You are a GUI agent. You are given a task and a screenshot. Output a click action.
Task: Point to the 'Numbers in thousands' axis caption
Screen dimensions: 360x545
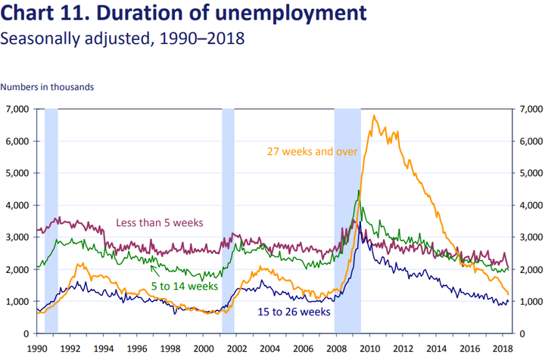[48, 87]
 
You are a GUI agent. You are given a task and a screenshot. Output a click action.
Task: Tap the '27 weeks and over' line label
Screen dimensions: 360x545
[313, 151]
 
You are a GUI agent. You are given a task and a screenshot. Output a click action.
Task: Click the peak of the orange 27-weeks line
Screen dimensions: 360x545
[374, 116]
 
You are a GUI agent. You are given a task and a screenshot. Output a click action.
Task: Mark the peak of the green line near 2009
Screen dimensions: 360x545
[359, 191]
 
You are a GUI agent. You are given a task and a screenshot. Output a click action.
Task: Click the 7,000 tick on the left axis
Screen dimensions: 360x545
[17, 110]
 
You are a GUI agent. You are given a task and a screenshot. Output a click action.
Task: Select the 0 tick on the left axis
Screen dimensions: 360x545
[25, 334]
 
